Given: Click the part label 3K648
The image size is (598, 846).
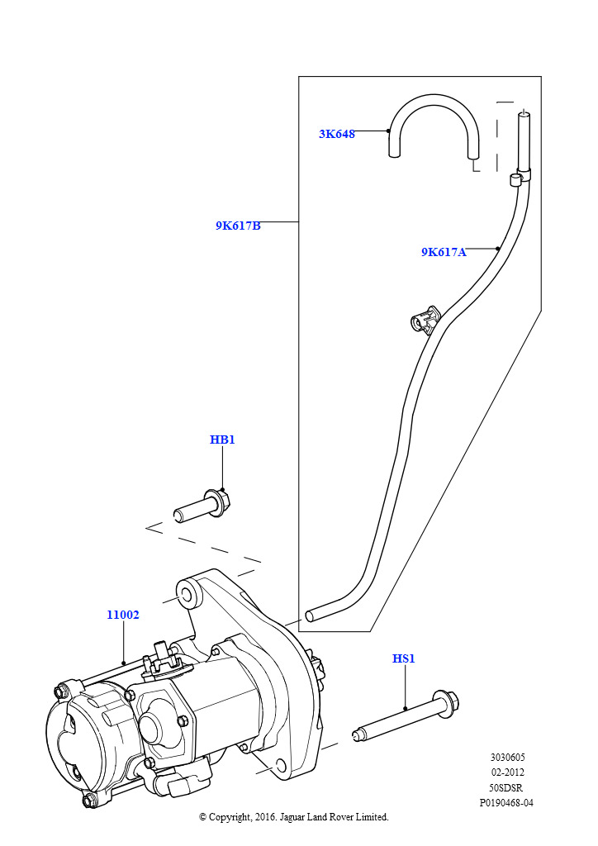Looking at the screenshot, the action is point(337,134).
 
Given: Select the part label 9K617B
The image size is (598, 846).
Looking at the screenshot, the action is point(239,226).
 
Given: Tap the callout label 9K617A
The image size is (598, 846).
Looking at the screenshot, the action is point(444,252).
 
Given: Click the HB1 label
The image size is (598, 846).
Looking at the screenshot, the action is point(222,440).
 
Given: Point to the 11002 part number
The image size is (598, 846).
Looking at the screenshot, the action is point(123,615).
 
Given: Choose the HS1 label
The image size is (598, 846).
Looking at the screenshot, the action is point(403,658).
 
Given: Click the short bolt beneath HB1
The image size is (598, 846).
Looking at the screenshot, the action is point(202,506).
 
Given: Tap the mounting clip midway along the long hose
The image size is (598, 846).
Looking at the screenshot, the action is point(425,321).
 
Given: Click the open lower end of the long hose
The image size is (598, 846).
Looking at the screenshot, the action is point(310,615).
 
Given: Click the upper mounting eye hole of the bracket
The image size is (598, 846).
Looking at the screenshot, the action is point(186,596).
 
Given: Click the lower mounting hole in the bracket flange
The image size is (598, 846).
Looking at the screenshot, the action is point(279,766).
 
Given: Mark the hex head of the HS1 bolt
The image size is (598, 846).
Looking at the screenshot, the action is point(447,704).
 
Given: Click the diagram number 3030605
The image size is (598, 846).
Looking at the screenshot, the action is point(507,758).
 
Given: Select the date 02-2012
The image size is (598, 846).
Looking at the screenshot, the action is point(507,772).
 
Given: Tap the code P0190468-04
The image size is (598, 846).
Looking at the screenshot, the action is point(506,803).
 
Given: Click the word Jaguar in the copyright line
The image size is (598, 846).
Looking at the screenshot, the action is point(292,817).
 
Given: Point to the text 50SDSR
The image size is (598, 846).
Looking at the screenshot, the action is point(507,787).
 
